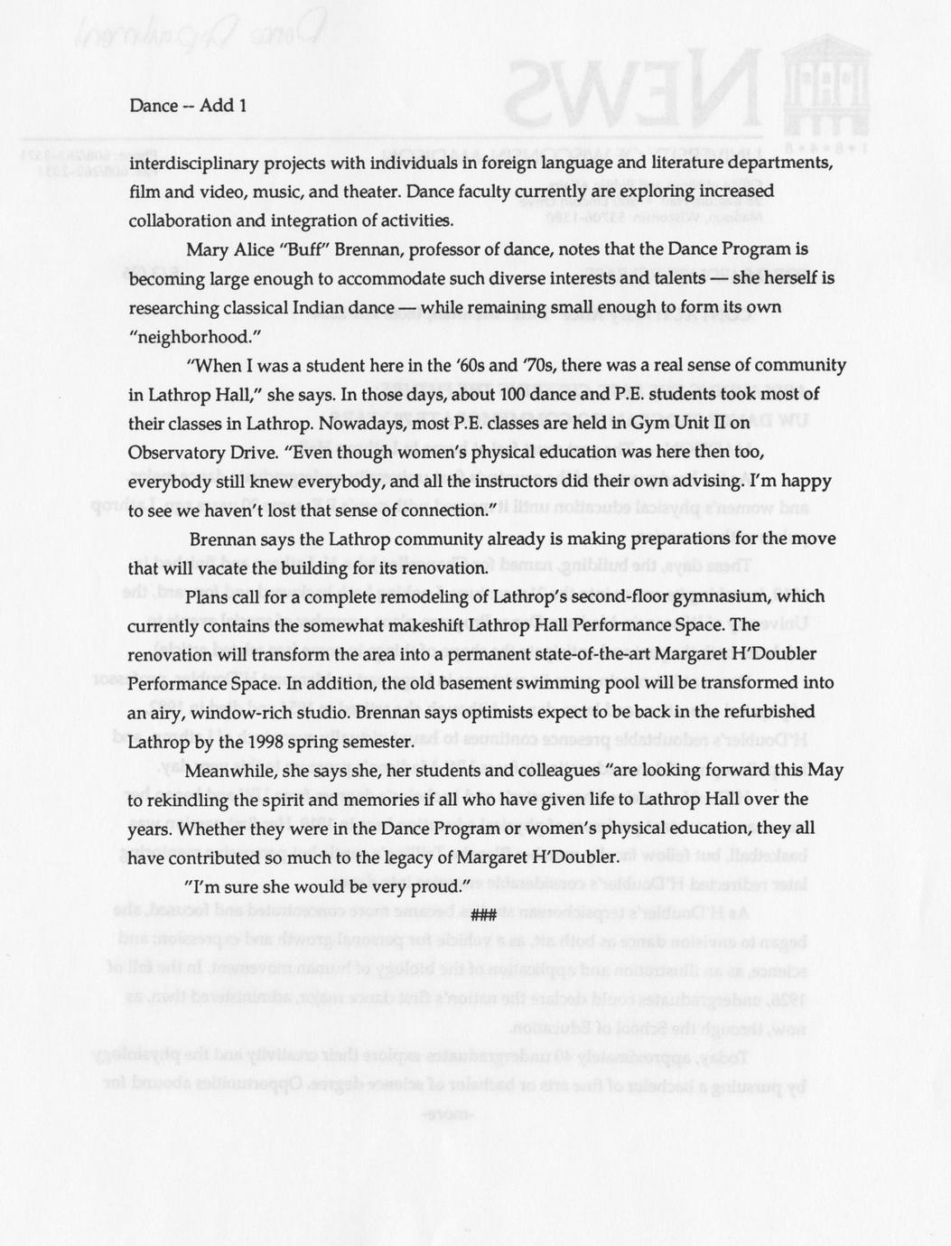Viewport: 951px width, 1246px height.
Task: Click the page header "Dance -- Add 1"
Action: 188,106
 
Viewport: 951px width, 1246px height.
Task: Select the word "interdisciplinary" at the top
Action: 184,164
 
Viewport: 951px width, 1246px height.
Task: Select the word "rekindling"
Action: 188,800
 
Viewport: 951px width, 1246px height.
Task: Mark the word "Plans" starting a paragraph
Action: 207,596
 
